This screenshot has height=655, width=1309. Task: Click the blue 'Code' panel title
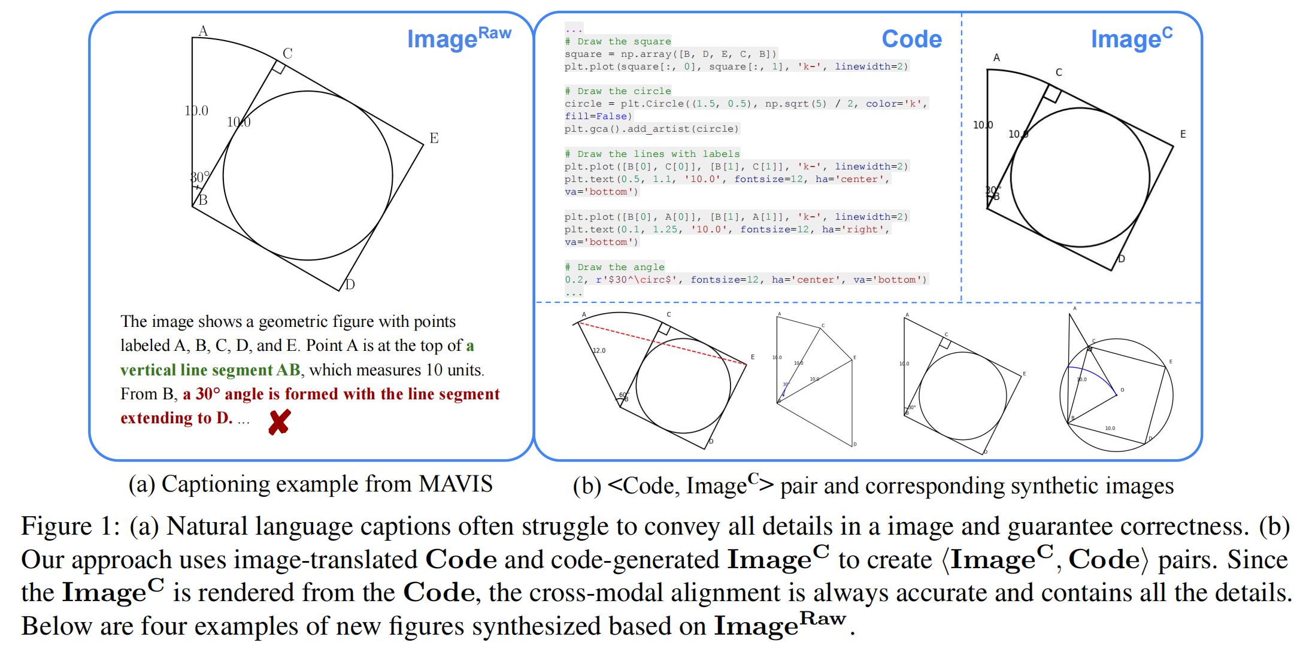click(911, 39)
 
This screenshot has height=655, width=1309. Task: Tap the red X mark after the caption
click(279, 422)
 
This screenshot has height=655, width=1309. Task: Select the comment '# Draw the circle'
click(617, 91)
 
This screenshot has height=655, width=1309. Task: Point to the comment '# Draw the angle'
click(614, 267)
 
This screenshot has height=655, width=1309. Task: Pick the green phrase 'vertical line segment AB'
click(210, 370)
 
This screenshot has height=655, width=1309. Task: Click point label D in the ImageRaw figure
click(350, 284)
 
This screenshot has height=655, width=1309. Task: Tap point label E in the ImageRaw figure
click(434, 138)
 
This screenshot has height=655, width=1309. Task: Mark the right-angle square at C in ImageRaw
click(278, 66)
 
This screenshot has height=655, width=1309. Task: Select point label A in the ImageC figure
click(996, 57)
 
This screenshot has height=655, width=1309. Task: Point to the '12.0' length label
click(599, 350)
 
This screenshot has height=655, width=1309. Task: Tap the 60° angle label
click(623, 395)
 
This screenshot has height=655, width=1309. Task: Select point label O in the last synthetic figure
click(1122, 390)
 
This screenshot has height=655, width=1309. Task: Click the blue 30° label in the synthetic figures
click(786, 384)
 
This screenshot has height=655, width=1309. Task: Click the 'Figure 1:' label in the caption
click(71, 526)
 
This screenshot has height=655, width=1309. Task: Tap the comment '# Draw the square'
click(617, 41)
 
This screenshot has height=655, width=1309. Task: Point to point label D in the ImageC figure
click(1122, 259)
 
